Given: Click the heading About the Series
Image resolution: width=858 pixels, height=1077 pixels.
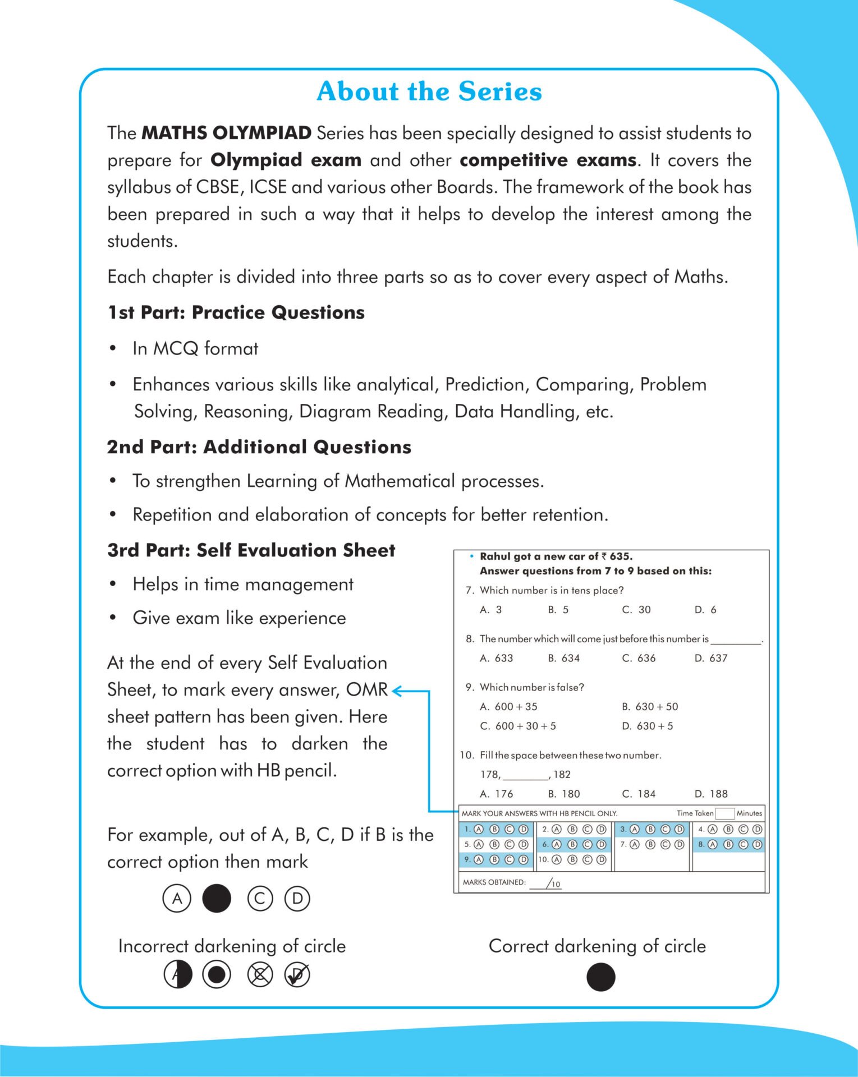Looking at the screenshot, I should click(429, 91).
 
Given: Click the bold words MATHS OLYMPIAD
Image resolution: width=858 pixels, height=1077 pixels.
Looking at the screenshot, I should click(227, 133).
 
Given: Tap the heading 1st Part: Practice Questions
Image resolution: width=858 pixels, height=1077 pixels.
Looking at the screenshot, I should click(236, 312).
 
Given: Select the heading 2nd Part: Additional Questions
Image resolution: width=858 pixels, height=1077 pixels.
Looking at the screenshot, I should click(259, 447).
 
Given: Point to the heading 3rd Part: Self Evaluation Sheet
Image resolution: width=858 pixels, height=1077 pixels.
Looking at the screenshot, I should click(251, 550).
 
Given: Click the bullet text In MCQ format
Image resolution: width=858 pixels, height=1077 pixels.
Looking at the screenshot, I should click(195, 348).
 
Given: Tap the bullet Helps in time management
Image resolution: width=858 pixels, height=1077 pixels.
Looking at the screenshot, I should click(243, 584).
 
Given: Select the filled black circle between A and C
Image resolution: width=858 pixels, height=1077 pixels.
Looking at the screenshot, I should click(217, 899).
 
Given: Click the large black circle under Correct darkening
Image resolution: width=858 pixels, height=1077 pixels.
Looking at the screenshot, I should click(601, 977).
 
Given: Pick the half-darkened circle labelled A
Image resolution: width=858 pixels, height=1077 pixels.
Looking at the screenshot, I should click(178, 975).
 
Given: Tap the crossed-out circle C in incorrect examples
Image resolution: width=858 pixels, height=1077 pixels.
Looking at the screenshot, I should click(260, 975).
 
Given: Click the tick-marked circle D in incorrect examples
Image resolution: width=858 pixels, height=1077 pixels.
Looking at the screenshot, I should click(297, 975).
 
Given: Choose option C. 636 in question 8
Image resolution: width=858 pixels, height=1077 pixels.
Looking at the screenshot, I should click(639, 658).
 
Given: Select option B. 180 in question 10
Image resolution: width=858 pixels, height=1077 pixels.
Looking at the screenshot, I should click(564, 794).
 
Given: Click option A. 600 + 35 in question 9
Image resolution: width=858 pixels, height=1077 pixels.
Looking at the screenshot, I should click(508, 707).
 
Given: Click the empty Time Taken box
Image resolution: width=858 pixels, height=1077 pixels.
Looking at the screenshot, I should click(724, 813).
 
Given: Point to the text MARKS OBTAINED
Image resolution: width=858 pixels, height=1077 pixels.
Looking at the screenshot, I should click(494, 882).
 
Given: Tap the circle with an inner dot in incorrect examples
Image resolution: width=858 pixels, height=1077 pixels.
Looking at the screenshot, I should click(217, 975).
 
